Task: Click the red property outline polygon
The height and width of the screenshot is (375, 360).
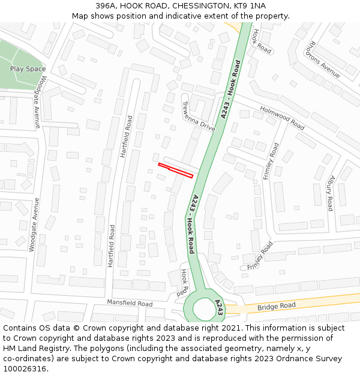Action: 175,170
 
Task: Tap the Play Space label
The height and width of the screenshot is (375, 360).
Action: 28,69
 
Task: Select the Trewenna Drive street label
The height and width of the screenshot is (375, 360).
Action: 198,116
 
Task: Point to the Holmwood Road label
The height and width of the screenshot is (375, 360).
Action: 282,118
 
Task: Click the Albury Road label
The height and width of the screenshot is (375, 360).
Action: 331,193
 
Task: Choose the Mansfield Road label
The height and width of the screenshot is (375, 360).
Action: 130,304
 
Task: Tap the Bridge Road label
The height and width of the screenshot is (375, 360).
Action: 277,307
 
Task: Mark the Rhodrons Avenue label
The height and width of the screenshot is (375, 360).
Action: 323,58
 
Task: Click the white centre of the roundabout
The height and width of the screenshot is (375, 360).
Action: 204,310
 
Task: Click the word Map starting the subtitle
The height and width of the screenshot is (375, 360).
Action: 80,16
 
